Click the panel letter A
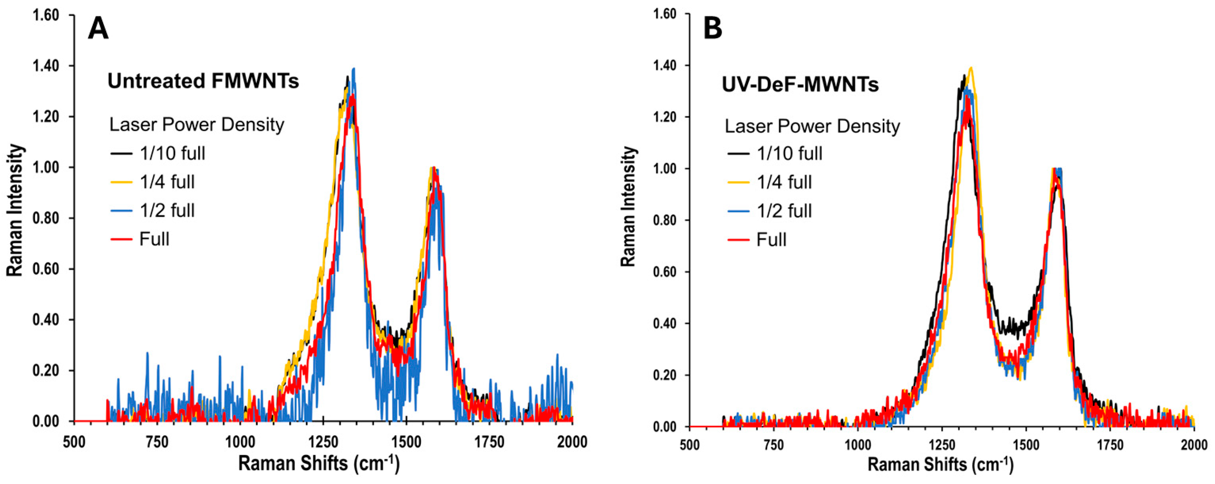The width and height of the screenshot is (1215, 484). pos(98,29)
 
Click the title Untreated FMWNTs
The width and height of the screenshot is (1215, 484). pos(203,81)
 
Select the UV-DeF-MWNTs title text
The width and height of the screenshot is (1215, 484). pos(800,85)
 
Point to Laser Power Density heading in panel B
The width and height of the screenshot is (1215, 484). pos(812,126)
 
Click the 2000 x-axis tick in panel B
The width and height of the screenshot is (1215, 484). pos(1193,445)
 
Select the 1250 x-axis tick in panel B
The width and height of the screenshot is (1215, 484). pos(941,445)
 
